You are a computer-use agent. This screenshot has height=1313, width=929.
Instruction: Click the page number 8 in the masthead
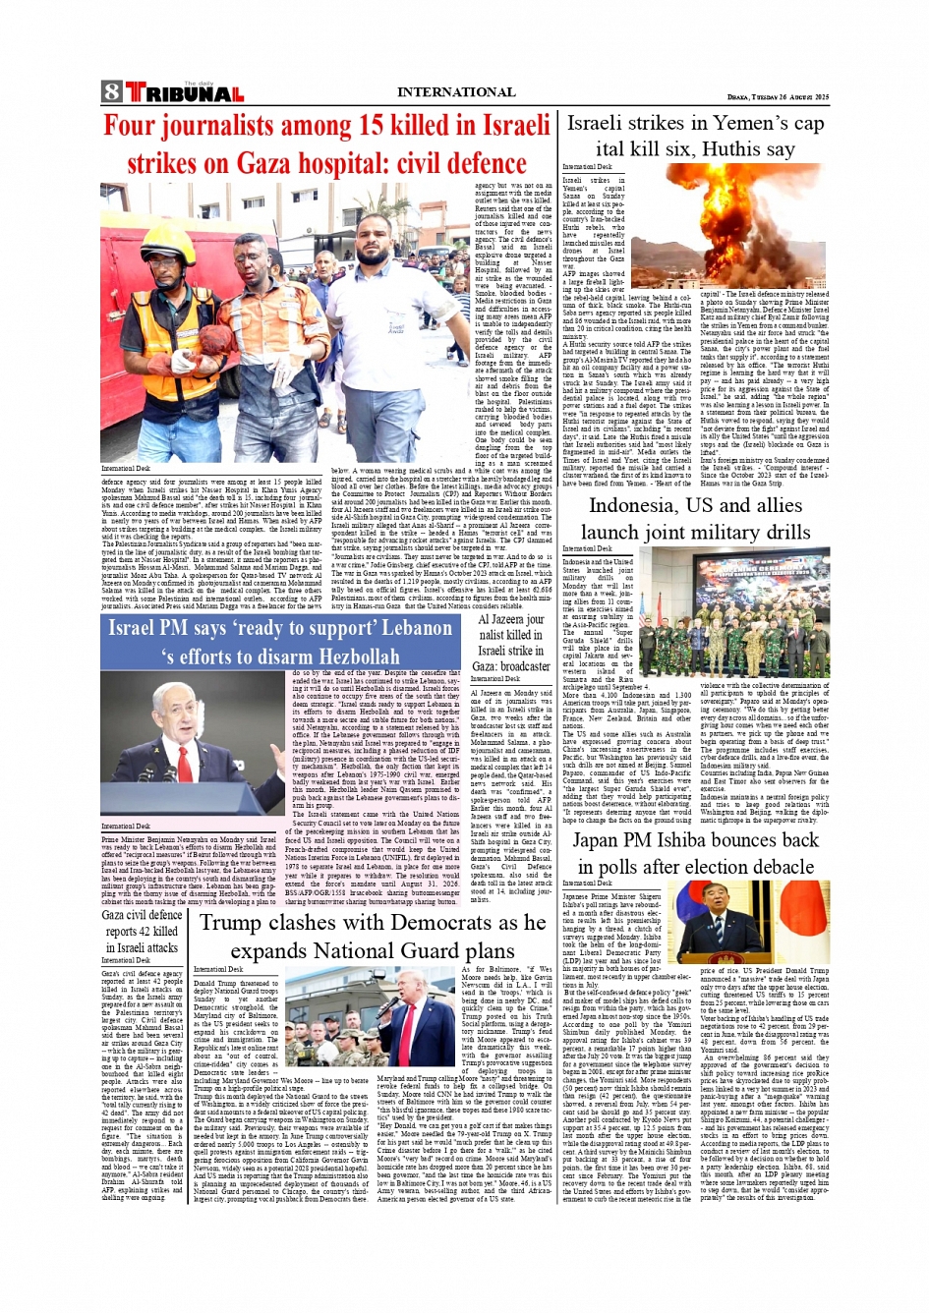click(111, 93)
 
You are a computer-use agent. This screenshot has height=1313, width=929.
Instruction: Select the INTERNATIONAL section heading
click(455, 92)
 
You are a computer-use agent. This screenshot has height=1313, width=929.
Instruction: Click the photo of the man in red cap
click(417, 1016)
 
